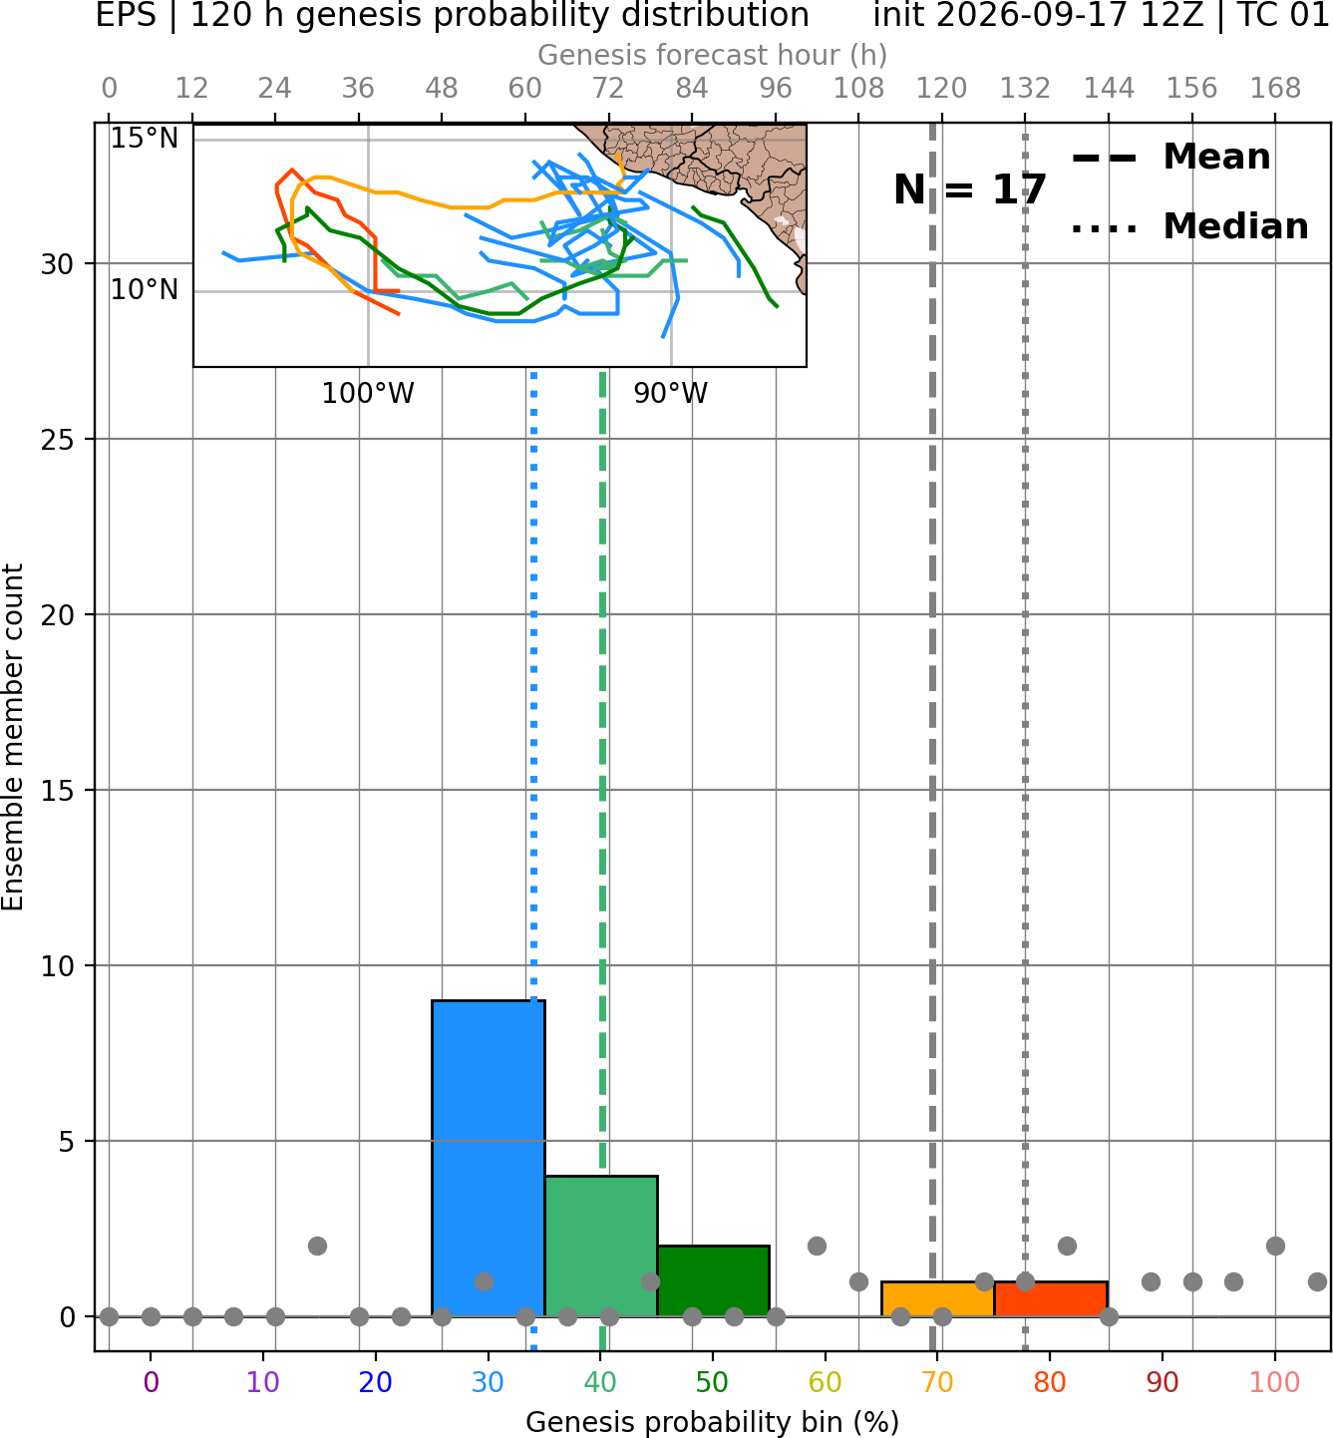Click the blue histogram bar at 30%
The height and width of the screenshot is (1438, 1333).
(488, 1158)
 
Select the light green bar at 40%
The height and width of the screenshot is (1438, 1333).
(601, 1246)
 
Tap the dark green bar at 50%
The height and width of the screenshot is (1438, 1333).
(713, 1280)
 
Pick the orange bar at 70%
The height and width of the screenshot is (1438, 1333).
(937, 1299)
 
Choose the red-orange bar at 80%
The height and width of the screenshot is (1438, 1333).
(1051, 1299)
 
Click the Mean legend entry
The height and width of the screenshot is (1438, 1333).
(1170, 158)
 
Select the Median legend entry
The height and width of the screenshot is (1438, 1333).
(1190, 226)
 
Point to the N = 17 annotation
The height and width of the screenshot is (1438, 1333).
(969, 189)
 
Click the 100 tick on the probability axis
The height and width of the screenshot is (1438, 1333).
(1275, 1382)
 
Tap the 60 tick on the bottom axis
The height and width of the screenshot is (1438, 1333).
(825, 1382)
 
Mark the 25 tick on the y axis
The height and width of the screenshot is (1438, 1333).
(57, 440)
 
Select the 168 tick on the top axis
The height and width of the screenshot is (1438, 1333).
(1275, 89)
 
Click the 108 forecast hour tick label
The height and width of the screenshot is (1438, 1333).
(858, 89)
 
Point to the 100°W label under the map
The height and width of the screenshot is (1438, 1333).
(368, 394)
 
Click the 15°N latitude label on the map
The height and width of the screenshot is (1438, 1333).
(145, 138)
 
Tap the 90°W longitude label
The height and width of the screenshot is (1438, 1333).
(670, 394)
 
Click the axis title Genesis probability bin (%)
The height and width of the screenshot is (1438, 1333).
(713, 1422)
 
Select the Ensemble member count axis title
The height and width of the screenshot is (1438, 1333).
(13, 737)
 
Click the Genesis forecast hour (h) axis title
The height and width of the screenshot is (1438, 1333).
(713, 55)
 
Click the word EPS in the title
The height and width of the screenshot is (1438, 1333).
(126, 15)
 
